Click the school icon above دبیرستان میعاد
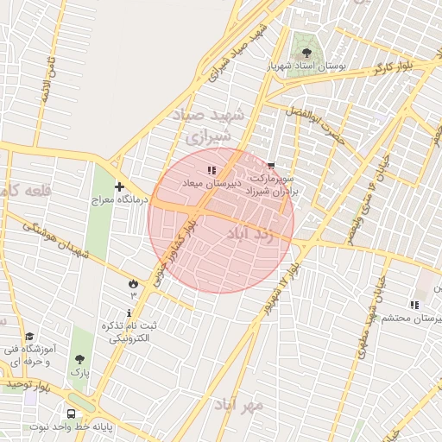[212, 171]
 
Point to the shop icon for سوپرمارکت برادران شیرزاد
[271, 166]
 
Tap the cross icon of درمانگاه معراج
[118, 186]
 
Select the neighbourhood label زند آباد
[249, 234]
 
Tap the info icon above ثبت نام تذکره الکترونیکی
[130, 313]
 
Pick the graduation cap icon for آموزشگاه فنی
[30, 336]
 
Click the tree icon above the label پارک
[80, 358]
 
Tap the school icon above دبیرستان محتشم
[414, 305]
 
